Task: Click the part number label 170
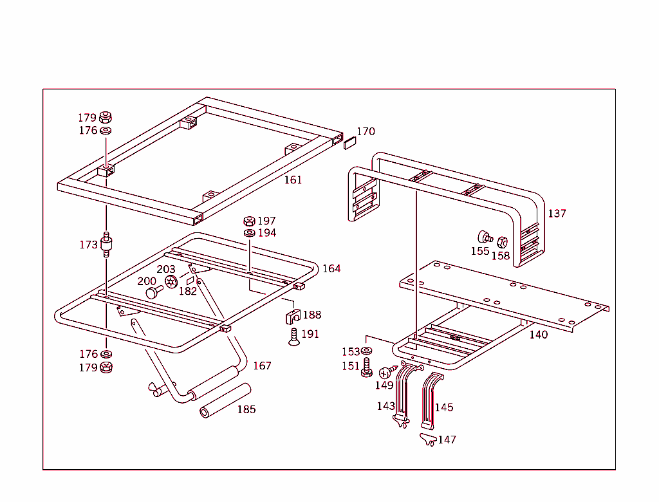click(x=366, y=131)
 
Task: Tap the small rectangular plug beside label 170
click(x=349, y=142)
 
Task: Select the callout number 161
click(x=293, y=180)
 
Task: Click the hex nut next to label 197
click(x=249, y=221)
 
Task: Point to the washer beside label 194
click(x=249, y=232)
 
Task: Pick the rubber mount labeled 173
click(x=106, y=245)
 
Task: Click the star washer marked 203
click(x=171, y=281)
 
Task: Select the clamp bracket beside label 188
click(x=292, y=316)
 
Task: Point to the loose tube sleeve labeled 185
click(x=225, y=401)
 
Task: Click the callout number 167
click(x=262, y=366)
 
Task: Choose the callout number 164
click(x=331, y=268)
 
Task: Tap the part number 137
click(x=557, y=213)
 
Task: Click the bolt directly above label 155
click(x=484, y=237)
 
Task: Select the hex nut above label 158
click(x=503, y=242)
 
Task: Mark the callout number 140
click(x=539, y=335)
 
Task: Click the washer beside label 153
click(x=367, y=351)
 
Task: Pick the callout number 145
click(x=444, y=407)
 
